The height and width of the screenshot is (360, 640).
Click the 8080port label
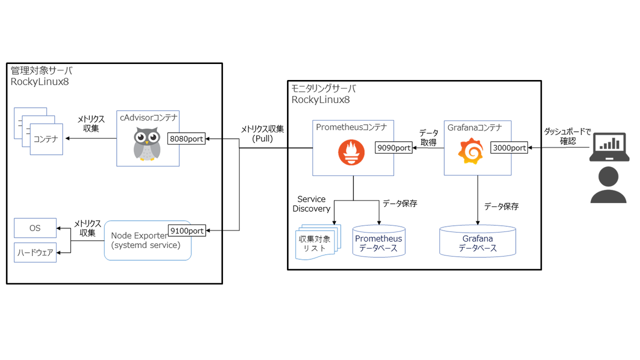coord(187,139)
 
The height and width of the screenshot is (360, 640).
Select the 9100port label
coord(187,230)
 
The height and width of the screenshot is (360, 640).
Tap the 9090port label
coord(394,148)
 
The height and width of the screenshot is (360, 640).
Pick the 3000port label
coord(509,148)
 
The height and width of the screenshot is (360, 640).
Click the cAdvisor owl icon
coord(147,144)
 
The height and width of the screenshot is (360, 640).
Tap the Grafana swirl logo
coord(470,150)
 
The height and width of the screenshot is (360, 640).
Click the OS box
coord(35,228)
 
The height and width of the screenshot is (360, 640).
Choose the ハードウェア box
coord(35,252)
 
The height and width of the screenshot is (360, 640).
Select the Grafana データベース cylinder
coord(477,242)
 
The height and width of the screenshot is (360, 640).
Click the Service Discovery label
coord(311,204)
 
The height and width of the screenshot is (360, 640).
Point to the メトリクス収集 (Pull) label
coord(262,133)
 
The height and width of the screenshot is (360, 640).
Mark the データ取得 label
coord(428,137)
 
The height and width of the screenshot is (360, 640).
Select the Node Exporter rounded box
coord(147,241)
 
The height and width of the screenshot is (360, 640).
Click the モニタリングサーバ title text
coord(323,89)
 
